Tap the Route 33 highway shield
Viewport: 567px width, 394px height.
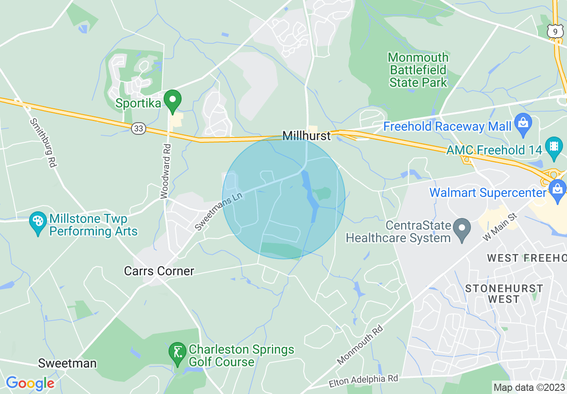coord(139,128)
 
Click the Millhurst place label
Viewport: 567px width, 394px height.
coord(306,136)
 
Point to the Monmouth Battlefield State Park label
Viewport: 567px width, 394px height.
coord(418,70)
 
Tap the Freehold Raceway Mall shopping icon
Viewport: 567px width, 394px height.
coord(522,122)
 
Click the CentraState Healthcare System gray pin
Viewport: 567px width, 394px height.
coord(462,228)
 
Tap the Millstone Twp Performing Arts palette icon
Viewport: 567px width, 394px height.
coord(38,221)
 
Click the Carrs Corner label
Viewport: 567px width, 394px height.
coord(159,271)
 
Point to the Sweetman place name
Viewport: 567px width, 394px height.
coord(67,363)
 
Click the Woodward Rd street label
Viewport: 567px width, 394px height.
coord(165,171)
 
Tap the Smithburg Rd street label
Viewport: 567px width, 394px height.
coord(42,143)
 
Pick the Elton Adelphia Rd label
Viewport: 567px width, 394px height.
coord(363,381)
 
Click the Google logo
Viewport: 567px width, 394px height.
coord(30,383)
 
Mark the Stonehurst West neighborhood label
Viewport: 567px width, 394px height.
coord(504,294)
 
